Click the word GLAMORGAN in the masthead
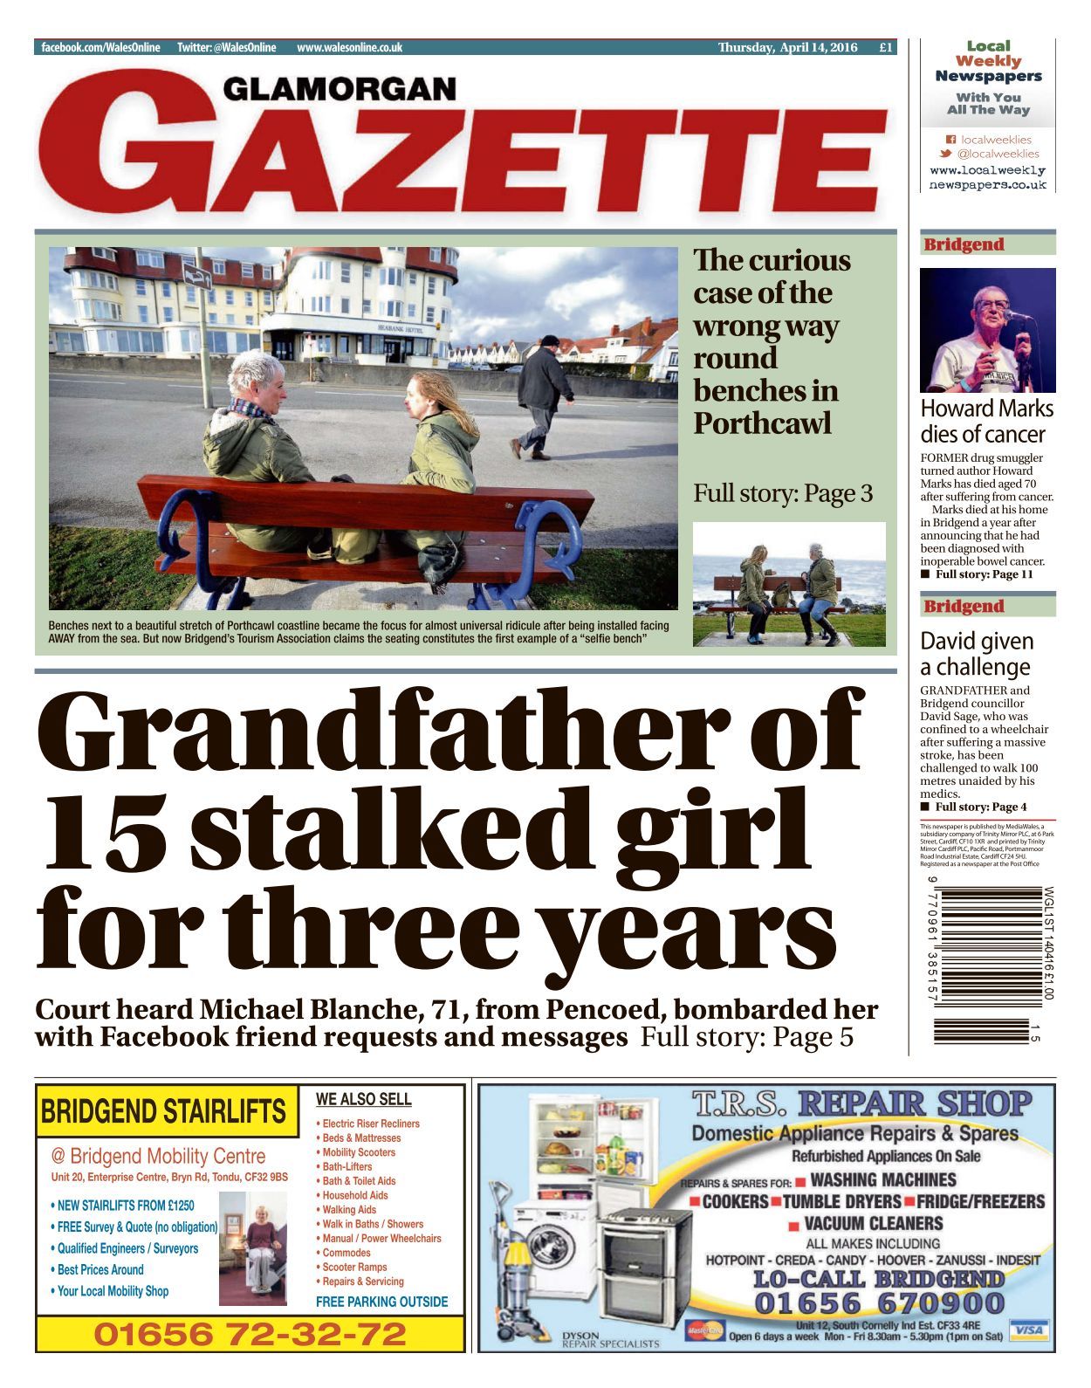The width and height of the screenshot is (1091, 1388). click(340, 88)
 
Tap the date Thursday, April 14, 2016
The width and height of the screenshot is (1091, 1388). click(787, 48)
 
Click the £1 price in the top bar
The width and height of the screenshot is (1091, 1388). click(886, 48)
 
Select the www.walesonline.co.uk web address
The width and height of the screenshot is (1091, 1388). click(349, 48)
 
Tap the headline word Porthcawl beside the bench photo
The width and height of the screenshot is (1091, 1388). click(762, 423)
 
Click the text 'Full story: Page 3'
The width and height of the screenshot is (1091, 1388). click(782, 493)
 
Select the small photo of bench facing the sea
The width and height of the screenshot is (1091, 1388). click(789, 584)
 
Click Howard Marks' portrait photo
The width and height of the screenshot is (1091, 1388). click(987, 330)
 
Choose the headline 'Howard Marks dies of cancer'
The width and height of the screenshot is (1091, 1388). click(986, 421)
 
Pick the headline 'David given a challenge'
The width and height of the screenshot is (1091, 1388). click(977, 654)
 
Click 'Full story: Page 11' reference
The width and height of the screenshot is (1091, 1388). click(984, 574)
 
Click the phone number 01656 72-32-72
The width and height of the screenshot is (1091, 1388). click(250, 1334)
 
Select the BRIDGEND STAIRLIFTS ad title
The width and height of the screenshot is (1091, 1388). click(163, 1111)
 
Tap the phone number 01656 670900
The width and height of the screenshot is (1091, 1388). click(879, 1303)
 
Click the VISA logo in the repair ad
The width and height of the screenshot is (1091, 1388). click(1029, 1330)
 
